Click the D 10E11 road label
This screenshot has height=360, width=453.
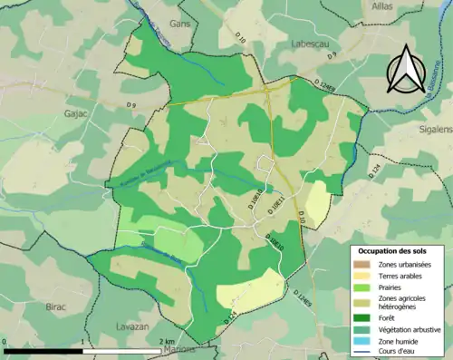click(x=280, y=204)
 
